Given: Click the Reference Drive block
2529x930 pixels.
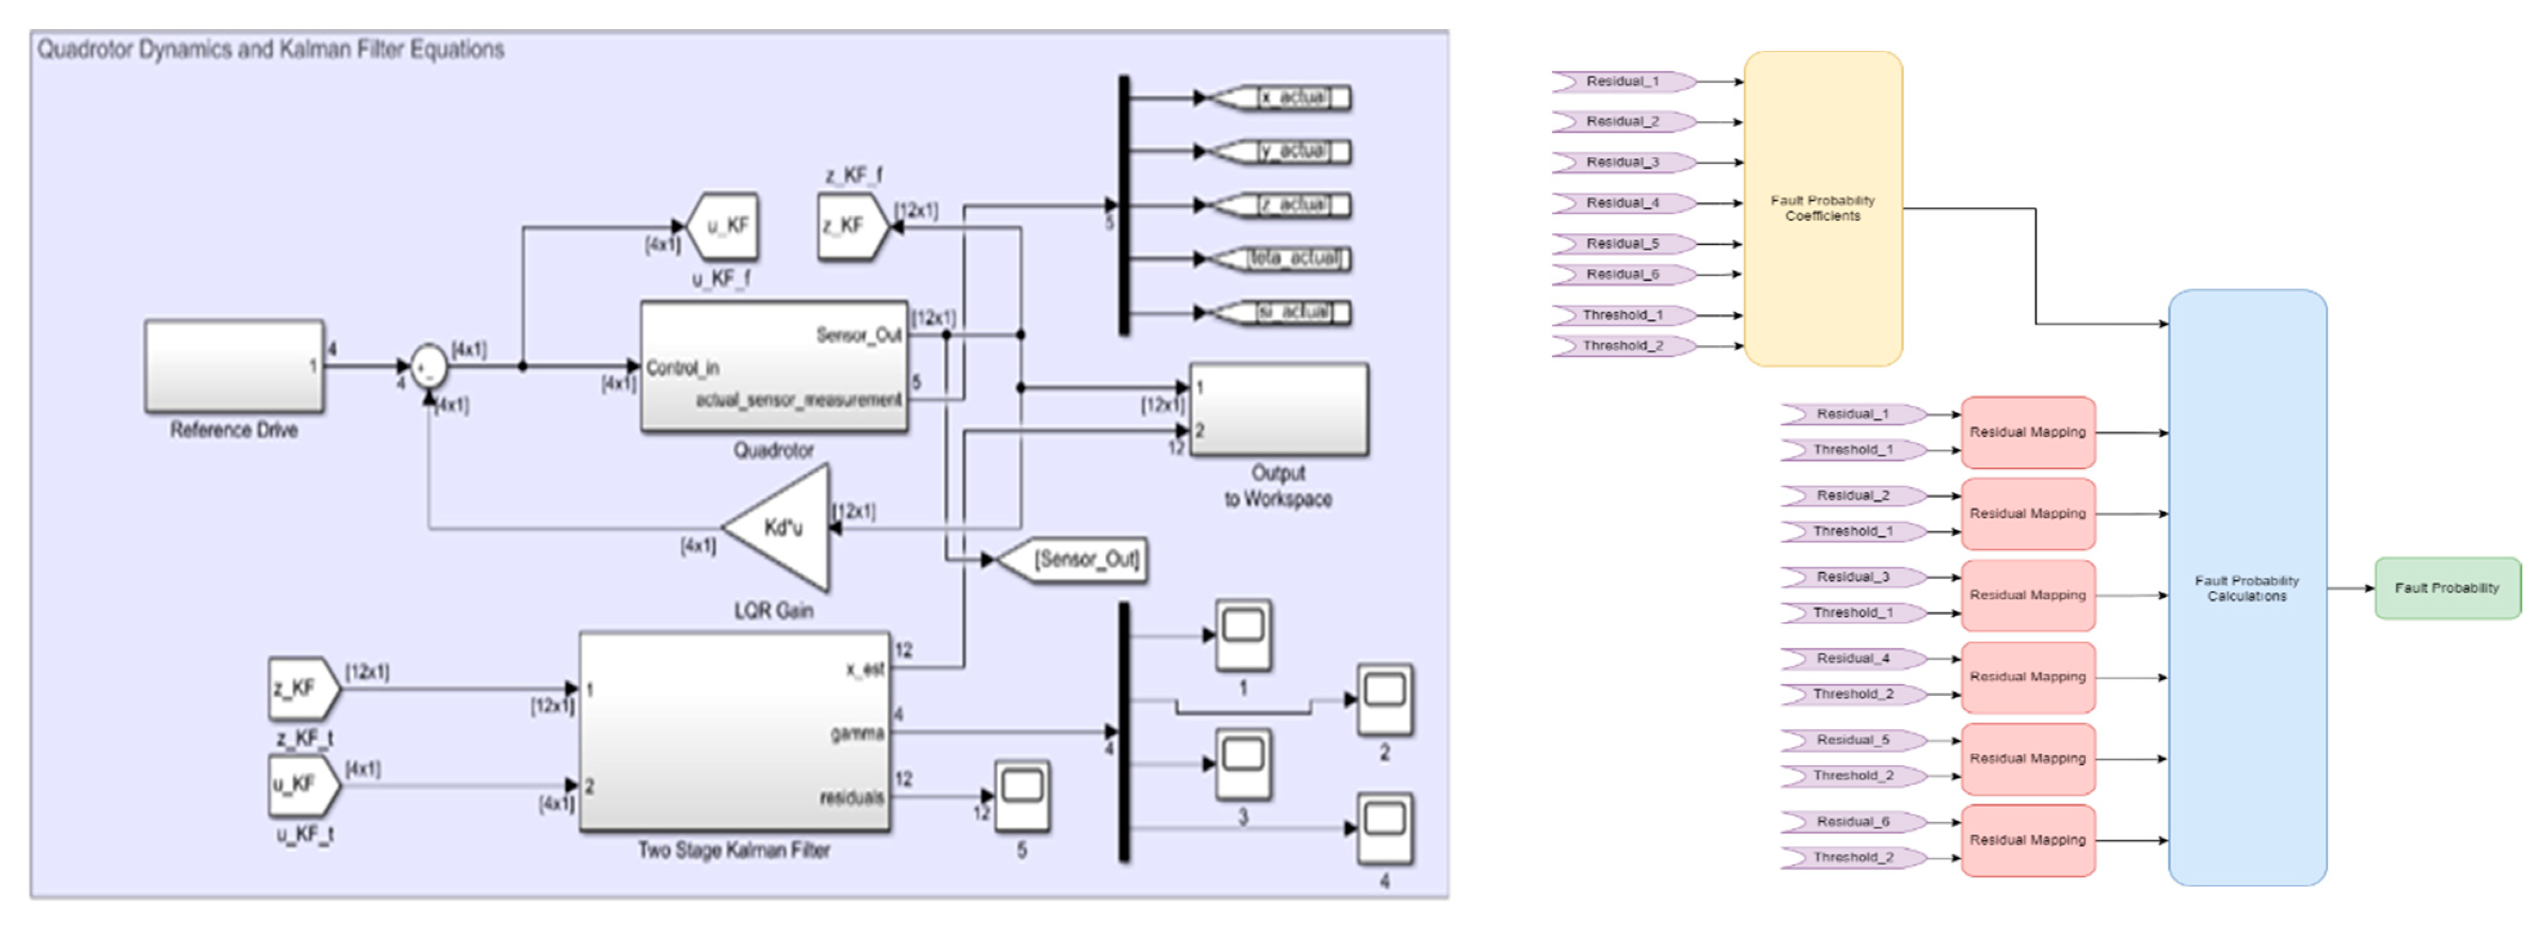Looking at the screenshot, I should click(x=234, y=365).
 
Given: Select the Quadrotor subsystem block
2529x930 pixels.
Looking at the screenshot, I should click(x=773, y=366).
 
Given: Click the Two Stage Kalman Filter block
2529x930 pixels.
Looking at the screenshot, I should click(x=734, y=733).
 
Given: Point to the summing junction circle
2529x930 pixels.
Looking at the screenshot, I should click(x=428, y=367).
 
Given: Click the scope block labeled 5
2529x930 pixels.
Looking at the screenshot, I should click(x=1022, y=795).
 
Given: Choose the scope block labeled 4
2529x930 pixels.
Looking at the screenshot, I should click(x=1384, y=828).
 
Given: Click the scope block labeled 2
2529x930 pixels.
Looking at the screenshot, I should click(x=1384, y=699).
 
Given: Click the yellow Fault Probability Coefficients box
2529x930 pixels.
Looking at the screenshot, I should click(x=1822, y=208).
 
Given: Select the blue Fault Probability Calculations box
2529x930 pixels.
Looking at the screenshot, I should click(x=2247, y=587).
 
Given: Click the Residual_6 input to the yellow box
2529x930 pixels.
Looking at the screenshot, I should click(x=1622, y=275).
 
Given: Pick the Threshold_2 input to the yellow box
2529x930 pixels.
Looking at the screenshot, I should click(x=1622, y=346).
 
